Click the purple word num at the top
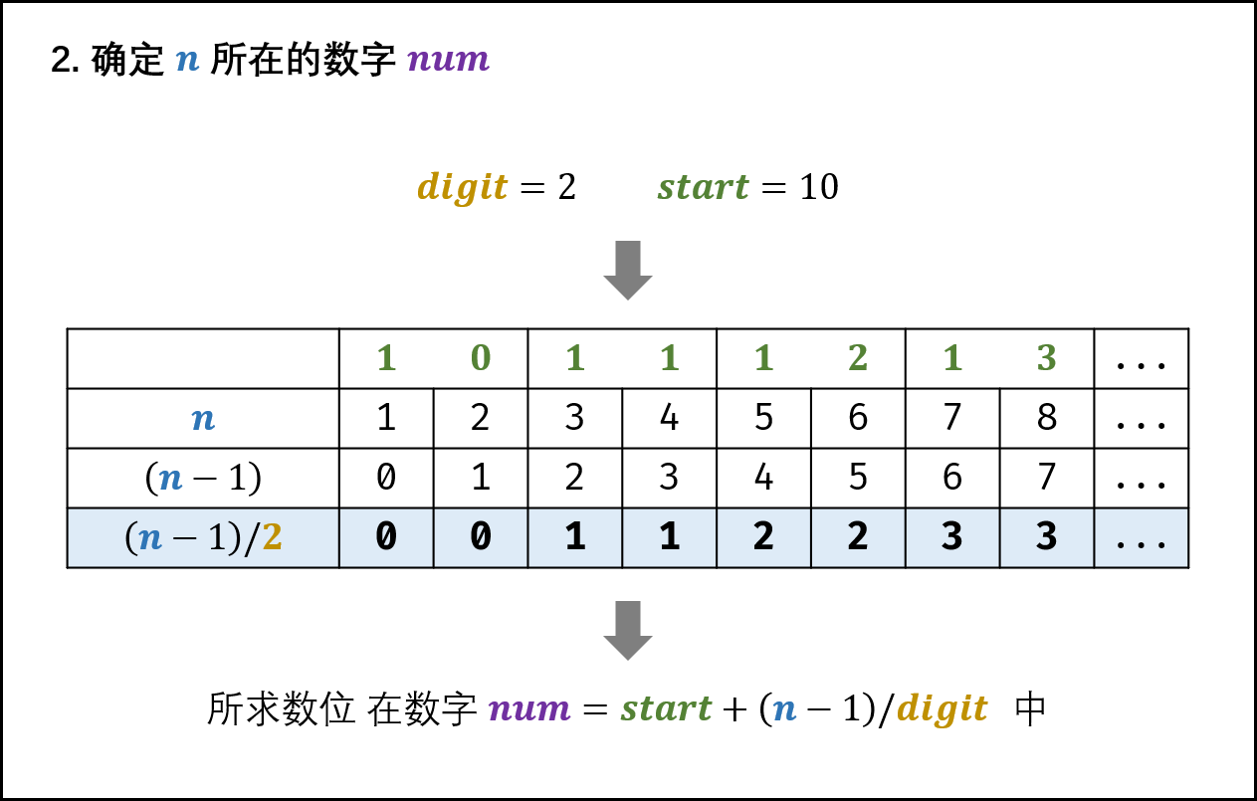448,60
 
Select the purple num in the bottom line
528,709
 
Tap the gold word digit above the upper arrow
462,187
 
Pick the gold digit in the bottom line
942,709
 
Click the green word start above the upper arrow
703,187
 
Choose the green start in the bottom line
666,709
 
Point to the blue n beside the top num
187,61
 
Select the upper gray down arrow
628,270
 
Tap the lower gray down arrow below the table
628,630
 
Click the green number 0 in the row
481,358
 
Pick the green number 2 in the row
858,358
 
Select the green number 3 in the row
1046,358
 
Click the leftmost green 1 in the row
386,358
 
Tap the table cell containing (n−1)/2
203,537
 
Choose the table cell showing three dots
1141,537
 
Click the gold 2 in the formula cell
272,538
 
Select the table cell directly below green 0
481,537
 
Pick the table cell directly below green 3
1046,537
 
